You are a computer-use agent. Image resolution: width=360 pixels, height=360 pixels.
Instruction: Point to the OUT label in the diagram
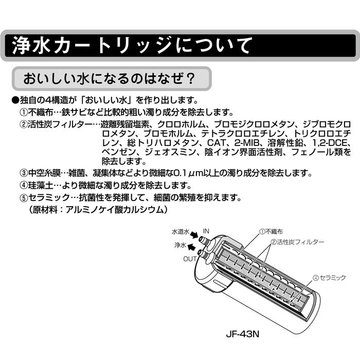coord(190,259)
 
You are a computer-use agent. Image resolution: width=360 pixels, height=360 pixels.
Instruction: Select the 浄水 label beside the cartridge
coord(180,246)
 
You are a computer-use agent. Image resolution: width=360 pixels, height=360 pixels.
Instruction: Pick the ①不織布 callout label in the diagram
coord(272,231)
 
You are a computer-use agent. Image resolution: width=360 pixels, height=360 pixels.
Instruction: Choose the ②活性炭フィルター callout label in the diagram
coord(297,242)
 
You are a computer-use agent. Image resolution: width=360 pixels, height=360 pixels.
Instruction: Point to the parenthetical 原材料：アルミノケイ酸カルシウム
coord(98,210)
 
